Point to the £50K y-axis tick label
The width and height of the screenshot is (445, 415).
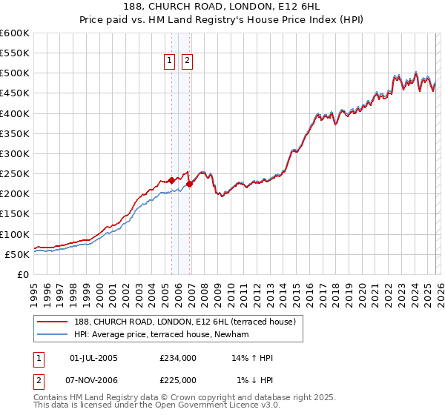16,254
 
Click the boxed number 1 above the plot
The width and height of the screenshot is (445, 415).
170,62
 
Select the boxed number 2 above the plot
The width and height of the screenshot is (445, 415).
186,62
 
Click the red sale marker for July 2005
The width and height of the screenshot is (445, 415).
171,180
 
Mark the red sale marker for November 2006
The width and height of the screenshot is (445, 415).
189,184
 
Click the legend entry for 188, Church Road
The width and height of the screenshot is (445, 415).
178,322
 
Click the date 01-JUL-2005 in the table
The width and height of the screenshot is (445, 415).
93,358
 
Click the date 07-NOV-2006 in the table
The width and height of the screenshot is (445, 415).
93,380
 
